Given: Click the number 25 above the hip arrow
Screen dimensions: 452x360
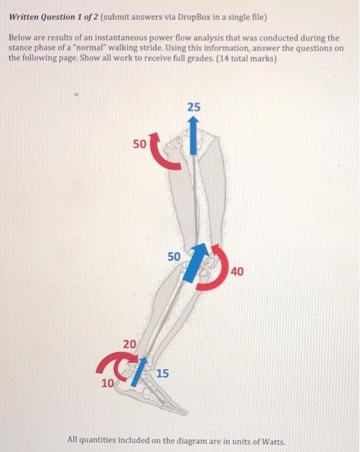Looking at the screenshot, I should point(194,107).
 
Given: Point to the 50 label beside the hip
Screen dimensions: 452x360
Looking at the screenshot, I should point(140,143).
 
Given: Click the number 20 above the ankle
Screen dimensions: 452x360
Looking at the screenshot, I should point(130,345).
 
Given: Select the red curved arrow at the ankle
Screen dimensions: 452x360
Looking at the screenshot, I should point(112,364).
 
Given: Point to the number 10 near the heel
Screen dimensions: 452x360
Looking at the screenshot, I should point(107,383).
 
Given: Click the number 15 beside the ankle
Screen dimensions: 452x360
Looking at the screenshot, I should point(163,373).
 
